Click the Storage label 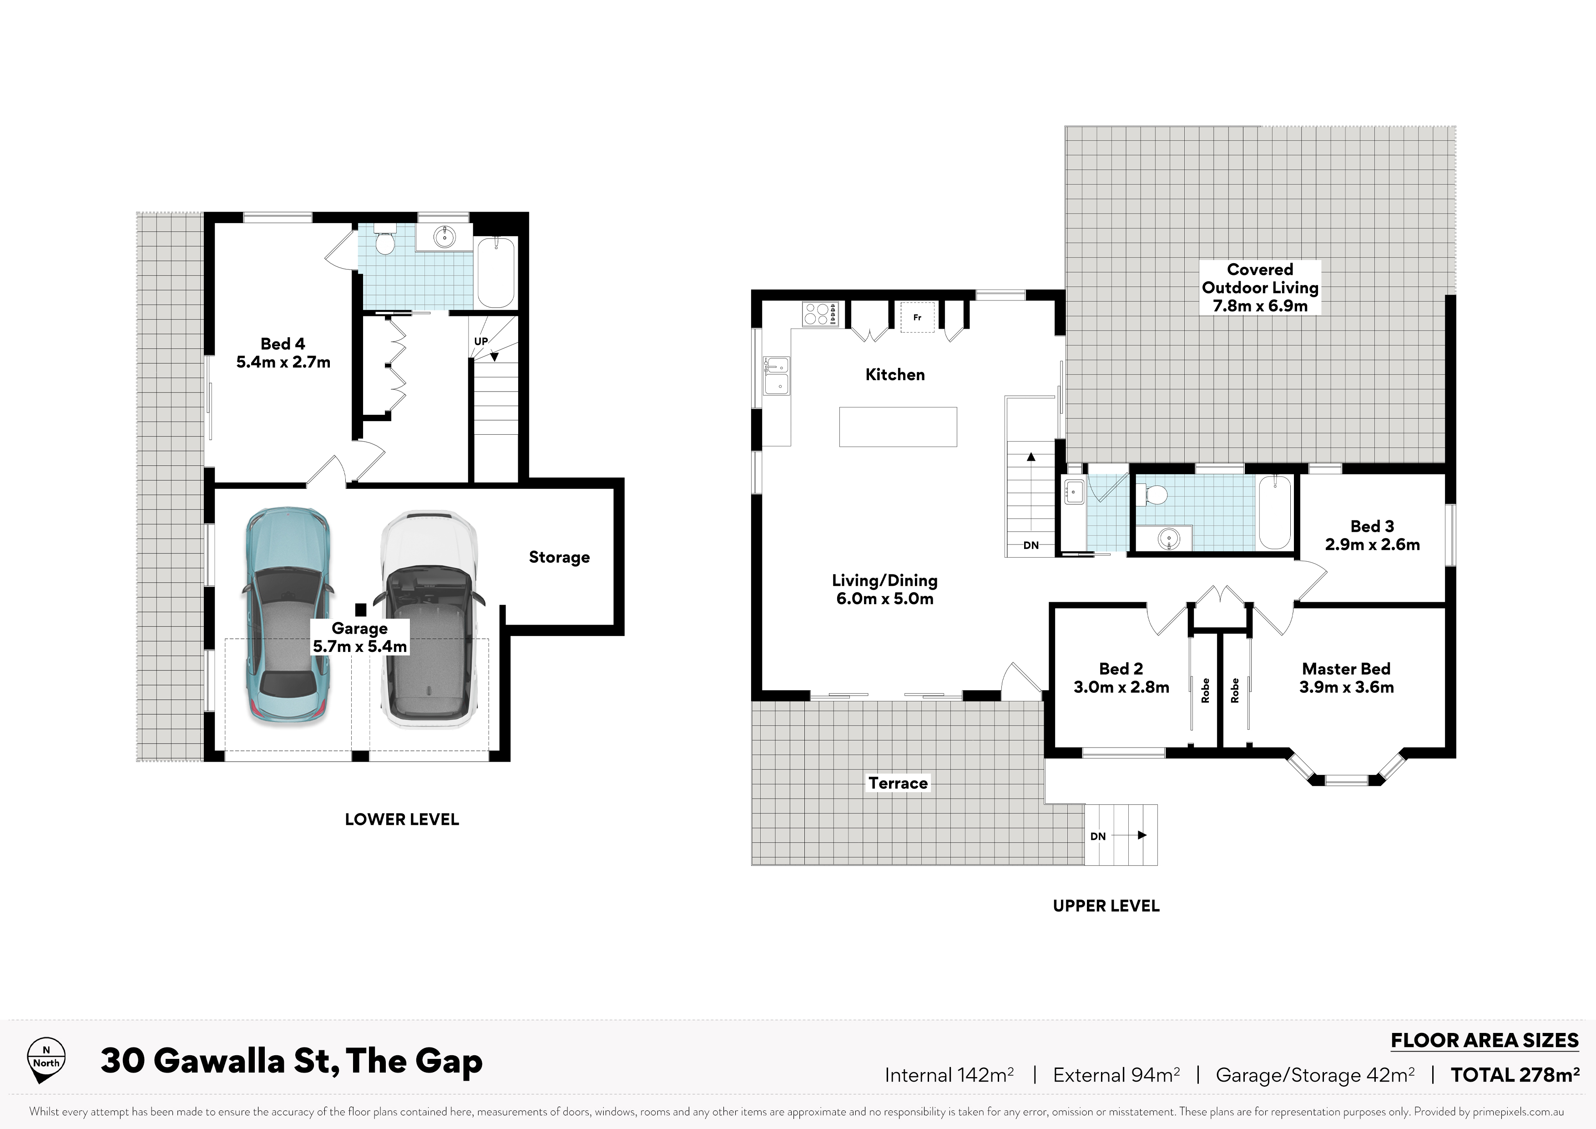[x=559, y=557]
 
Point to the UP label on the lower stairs [x=481, y=341]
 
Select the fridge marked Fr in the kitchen [x=918, y=317]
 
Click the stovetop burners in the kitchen [x=821, y=314]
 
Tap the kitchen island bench [x=898, y=427]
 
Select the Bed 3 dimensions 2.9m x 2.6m [x=1372, y=544]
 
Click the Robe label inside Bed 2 [x=1205, y=690]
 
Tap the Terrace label [x=898, y=783]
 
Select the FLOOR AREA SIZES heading [x=1485, y=1041]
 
